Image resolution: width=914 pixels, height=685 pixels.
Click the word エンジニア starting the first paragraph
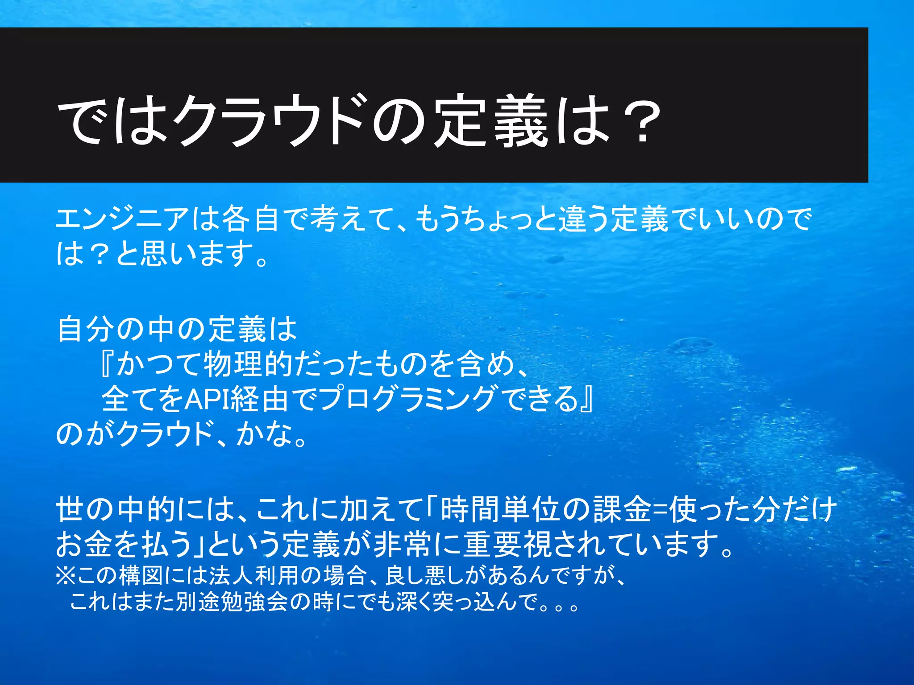tap(123, 220)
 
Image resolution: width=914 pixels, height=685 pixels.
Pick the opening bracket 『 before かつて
tap(107, 364)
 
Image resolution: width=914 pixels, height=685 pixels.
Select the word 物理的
tap(248, 364)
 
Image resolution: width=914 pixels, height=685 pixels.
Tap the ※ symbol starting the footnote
tap(65, 576)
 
